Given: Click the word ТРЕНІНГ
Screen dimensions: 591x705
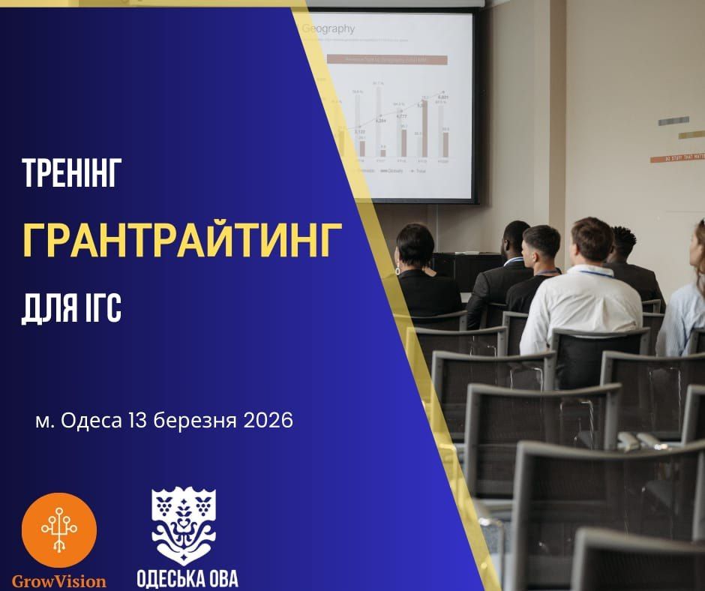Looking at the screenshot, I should [x=72, y=175].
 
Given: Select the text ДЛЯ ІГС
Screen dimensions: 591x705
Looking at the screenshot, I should [x=72, y=307].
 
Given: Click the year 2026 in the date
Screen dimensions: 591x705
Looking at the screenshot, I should [x=268, y=421].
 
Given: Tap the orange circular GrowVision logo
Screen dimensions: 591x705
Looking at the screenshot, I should [x=59, y=529].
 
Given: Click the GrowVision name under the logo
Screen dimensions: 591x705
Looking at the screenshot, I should [x=59, y=580].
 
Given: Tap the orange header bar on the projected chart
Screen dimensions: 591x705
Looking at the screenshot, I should [x=385, y=59].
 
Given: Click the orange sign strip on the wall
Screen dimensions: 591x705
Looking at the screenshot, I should [x=678, y=157].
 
